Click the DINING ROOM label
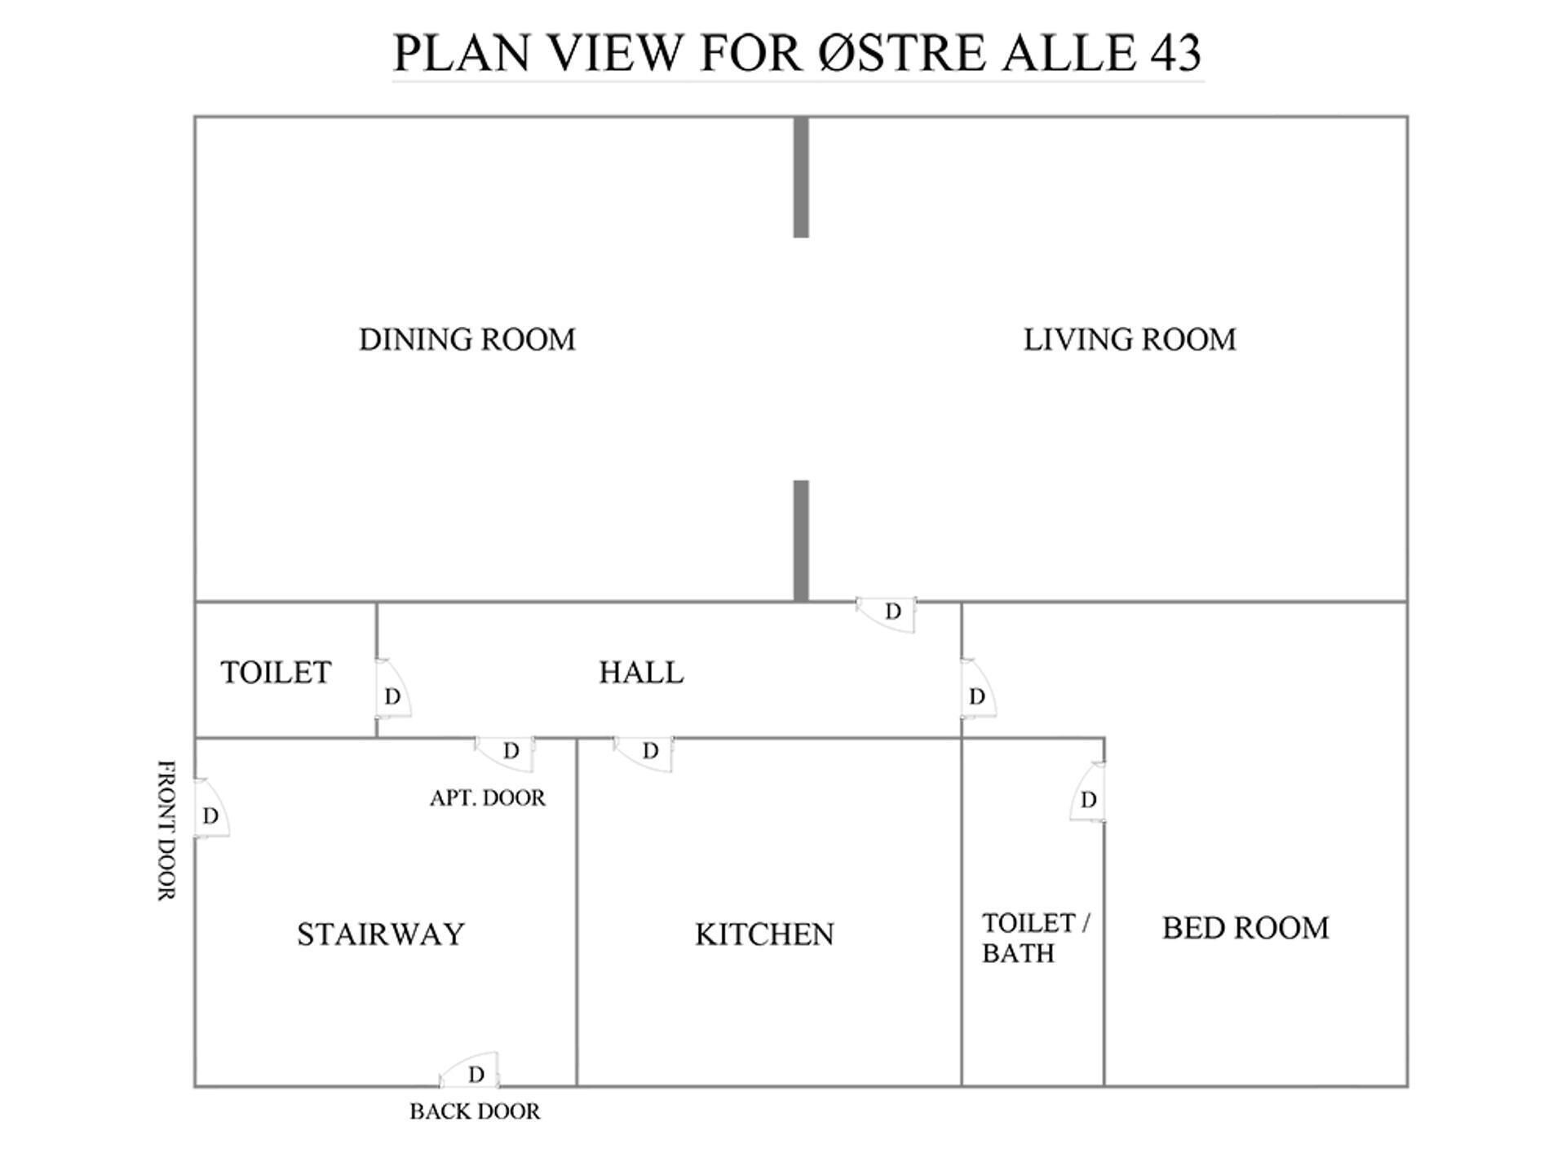(x=467, y=339)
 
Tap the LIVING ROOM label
(x=1130, y=339)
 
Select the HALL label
(x=641, y=673)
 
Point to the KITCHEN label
(x=764, y=934)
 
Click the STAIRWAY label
(x=380, y=934)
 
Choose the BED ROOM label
(x=1245, y=928)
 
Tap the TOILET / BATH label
(x=1034, y=938)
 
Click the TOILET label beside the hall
(x=276, y=673)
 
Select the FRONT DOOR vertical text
(x=166, y=830)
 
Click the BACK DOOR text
(x=475, y=1111)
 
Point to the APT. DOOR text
(x=488, y=797)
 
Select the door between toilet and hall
(x=391, y=690)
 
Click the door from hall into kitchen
(x=645, y=752)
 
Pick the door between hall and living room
(x=888, y=612)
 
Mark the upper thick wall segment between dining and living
(x=801, y=178)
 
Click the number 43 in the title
(x=1175, y=53)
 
